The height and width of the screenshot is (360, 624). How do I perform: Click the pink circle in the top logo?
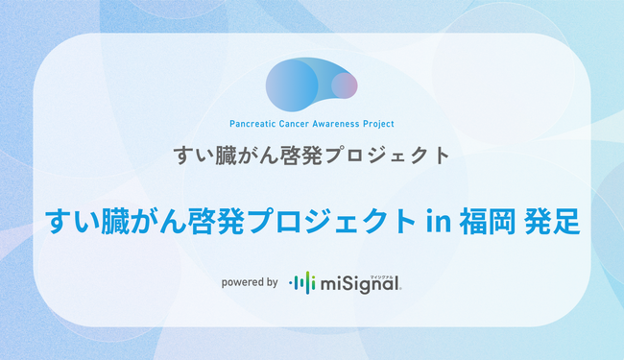tap(345, 85)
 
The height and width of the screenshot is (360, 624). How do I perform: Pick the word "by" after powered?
tap(272, 282)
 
